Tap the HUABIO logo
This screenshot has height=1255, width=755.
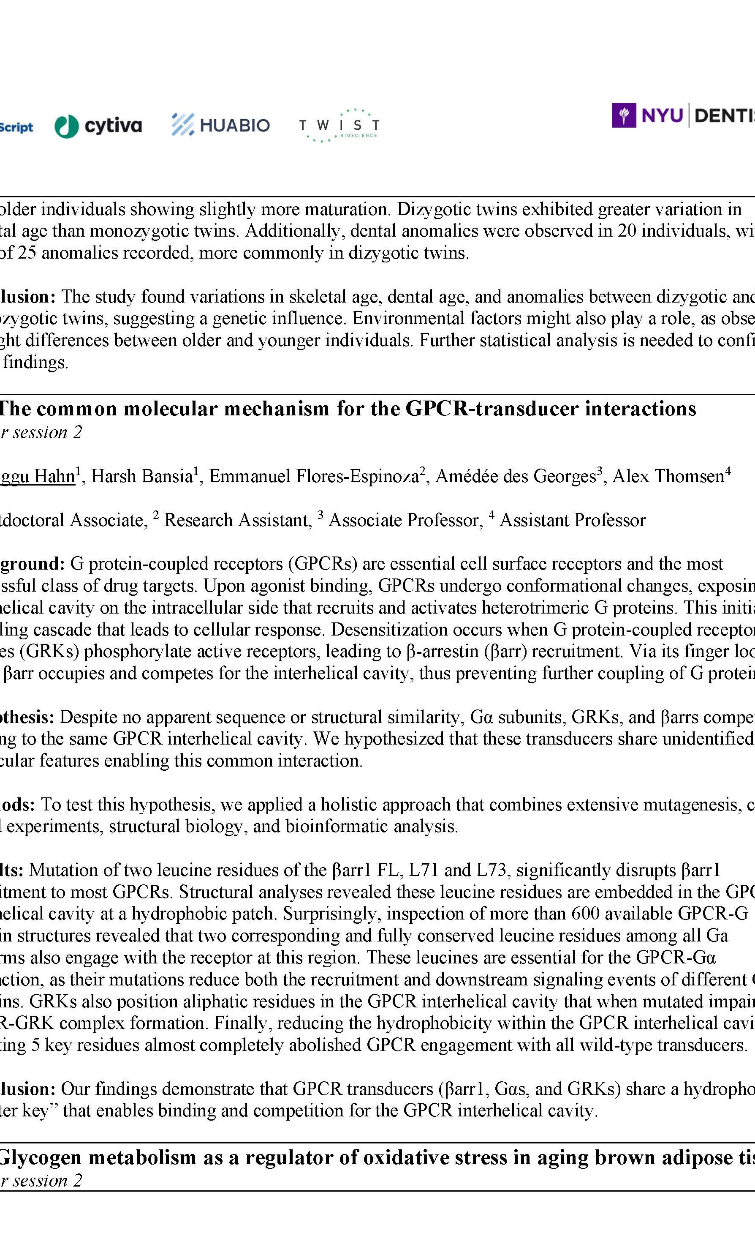pyautogui.click(x=220, y=125)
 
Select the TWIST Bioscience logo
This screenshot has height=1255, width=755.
pyautogui.click(x=339, y=125)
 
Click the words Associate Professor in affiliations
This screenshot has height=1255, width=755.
pyautogui.click(x=405, y=520)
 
